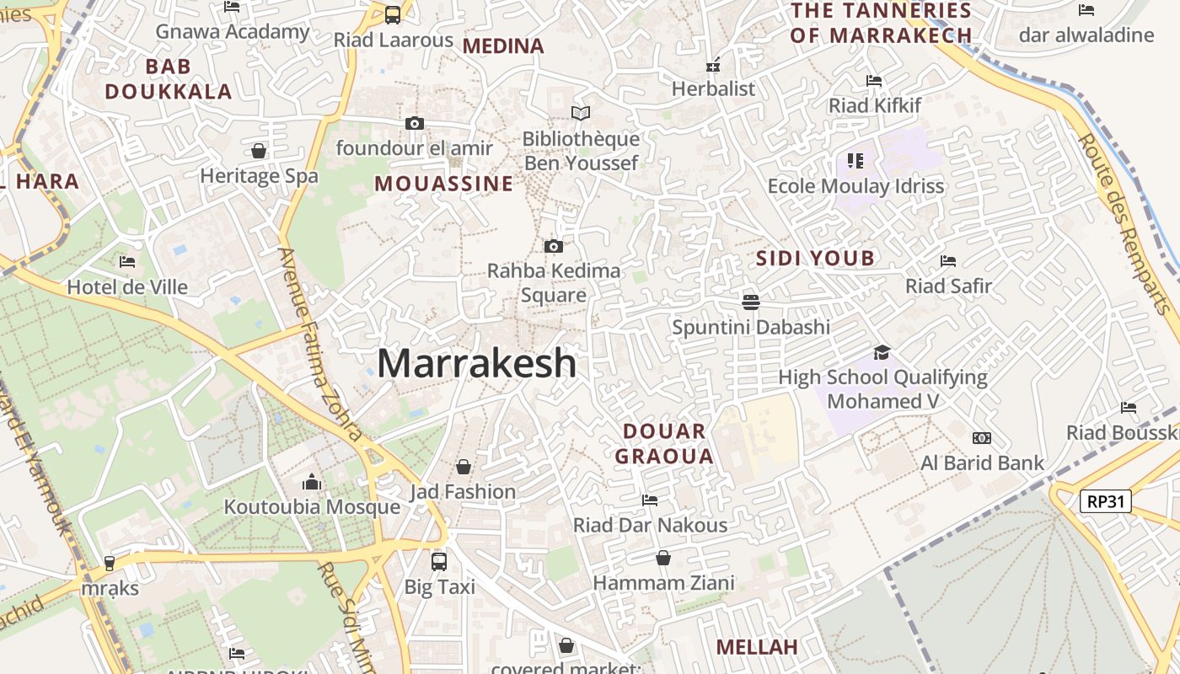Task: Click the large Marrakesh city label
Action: coord(476,363)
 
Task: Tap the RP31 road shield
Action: coord(1105,501)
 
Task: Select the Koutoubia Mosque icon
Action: coord(312,483)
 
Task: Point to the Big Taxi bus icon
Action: coord(438,561)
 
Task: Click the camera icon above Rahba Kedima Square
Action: coord(553,247)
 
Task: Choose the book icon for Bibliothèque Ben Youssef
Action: coord(580,113)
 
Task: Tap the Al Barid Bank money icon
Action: coord(981,438)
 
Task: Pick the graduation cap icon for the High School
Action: coord(882,352)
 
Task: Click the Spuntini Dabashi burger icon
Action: coord(751,302)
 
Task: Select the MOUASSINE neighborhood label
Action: coord(443,184)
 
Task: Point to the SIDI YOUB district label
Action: coord(815,258)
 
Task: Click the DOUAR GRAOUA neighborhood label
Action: coord(664,444)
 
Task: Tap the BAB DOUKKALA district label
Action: coord(169,79)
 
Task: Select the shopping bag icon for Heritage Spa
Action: coord(259,151)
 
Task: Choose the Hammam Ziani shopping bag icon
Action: coord(663,558)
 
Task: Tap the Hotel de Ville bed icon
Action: coord(127,262)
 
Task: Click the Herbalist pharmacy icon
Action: coord(713,65)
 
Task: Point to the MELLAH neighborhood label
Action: coord(757,647)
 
